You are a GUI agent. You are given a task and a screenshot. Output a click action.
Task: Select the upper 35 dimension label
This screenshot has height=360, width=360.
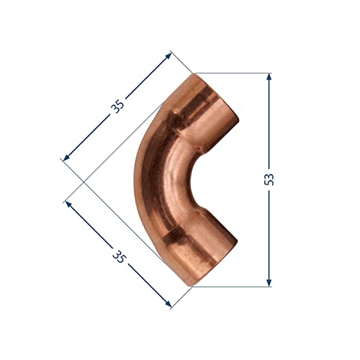point(117,105)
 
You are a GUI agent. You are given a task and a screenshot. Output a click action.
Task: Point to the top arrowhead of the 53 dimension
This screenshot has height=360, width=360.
point(269,76)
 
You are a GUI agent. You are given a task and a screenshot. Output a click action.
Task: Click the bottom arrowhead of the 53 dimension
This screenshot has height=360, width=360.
point(269,283)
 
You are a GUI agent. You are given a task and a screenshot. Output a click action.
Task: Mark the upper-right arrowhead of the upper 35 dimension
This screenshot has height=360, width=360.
point(168,55)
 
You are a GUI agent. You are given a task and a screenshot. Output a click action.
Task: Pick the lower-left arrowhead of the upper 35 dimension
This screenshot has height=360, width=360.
point(67,156)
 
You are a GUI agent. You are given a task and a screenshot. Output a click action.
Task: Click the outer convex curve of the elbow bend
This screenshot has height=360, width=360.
point(137,179)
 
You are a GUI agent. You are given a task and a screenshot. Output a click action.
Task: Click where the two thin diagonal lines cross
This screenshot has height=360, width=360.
point(87,179)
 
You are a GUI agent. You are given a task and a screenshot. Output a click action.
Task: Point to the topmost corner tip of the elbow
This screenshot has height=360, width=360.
point(194,73)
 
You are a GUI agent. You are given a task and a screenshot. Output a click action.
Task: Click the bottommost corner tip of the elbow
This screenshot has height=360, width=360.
point(193,287)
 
